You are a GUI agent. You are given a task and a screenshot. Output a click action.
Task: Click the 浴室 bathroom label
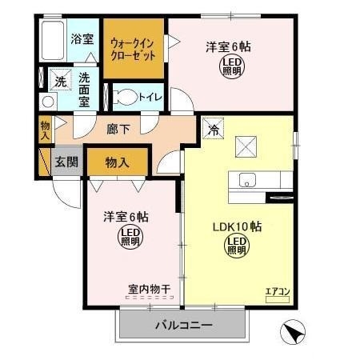(82, 39)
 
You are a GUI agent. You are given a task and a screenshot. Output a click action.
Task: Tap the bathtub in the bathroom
(53, 40)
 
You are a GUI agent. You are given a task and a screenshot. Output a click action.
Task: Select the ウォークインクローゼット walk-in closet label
(133, 49)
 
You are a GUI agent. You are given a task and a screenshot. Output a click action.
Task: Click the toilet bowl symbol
(125, 97)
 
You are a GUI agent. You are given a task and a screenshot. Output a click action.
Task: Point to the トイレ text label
(150, 98)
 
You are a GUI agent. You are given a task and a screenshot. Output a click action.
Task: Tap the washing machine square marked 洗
(61, 80)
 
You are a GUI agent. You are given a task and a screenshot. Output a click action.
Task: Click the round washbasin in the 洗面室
(48, 102)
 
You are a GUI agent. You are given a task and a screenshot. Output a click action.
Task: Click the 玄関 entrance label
(66, 162)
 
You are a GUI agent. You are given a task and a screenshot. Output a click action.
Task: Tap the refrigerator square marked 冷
(214, 129)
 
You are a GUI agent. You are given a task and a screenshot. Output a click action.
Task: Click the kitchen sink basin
(247, 180)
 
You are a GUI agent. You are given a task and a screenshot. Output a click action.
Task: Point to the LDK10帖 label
(237, 226)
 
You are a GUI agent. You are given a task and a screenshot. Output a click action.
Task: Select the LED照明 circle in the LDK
(237, 246)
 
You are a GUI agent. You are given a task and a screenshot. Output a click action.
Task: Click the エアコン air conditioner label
(278, 292)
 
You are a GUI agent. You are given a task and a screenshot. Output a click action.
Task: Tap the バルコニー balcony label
(184, 325)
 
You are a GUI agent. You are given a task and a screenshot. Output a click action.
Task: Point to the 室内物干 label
(150, 289)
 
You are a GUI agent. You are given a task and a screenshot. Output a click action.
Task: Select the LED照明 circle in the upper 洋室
(231, 66)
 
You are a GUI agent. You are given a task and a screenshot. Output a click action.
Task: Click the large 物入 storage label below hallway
(118, 162)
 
